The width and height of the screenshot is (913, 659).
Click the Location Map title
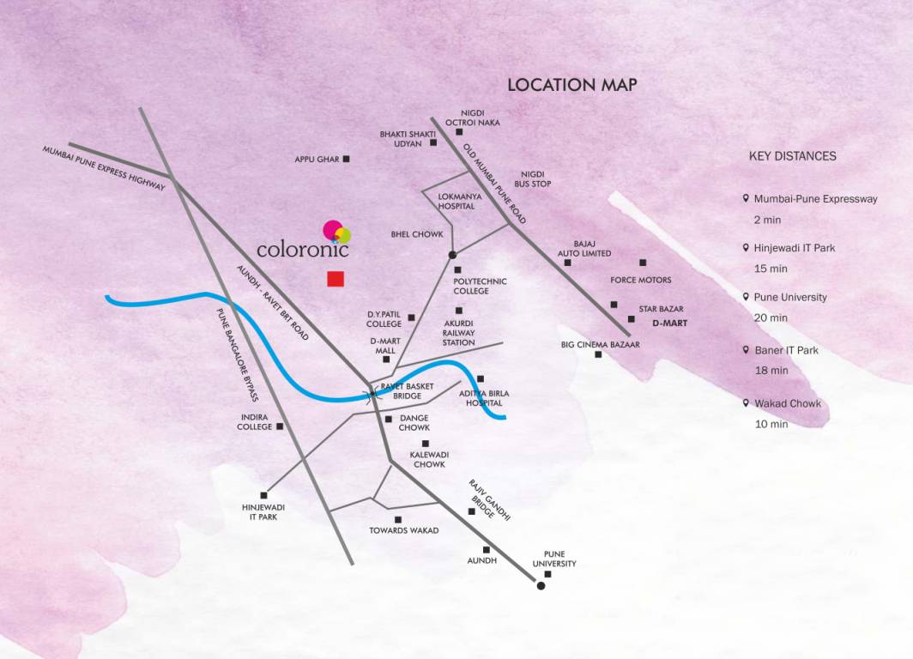[x=571, y=85]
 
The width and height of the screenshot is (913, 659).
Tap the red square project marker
[x=336, y=279]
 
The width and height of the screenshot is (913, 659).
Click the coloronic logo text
[x=303, y=251]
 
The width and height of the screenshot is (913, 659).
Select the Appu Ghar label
[x=317, y=160]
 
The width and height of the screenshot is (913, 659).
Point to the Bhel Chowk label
[x=417, y=234]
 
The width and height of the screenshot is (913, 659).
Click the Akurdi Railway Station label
[x=458, y=333]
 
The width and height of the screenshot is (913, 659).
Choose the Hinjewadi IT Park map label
[x=263, y=512]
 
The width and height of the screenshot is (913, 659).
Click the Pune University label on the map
[x=554, y=559]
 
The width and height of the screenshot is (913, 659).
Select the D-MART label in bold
[x=670, y=324]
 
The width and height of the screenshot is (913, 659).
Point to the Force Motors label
[x=641, y=280]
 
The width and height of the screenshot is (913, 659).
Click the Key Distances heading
[x=793, y=156]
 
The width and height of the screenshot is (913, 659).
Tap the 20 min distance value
[x=771, y=317]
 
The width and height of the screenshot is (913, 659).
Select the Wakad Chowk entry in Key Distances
[x=788, y=403]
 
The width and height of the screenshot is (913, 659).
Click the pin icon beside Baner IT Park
[x=747, y=350]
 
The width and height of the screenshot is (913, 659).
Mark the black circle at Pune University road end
[x=541, y=586]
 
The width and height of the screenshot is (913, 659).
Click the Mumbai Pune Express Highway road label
[x=105, y=169]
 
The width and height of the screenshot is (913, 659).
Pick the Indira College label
[x=254, y=422]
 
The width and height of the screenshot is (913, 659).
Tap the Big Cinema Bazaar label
[x=601, y=345]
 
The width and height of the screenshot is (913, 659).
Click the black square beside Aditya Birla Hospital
[x=481, y=378]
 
